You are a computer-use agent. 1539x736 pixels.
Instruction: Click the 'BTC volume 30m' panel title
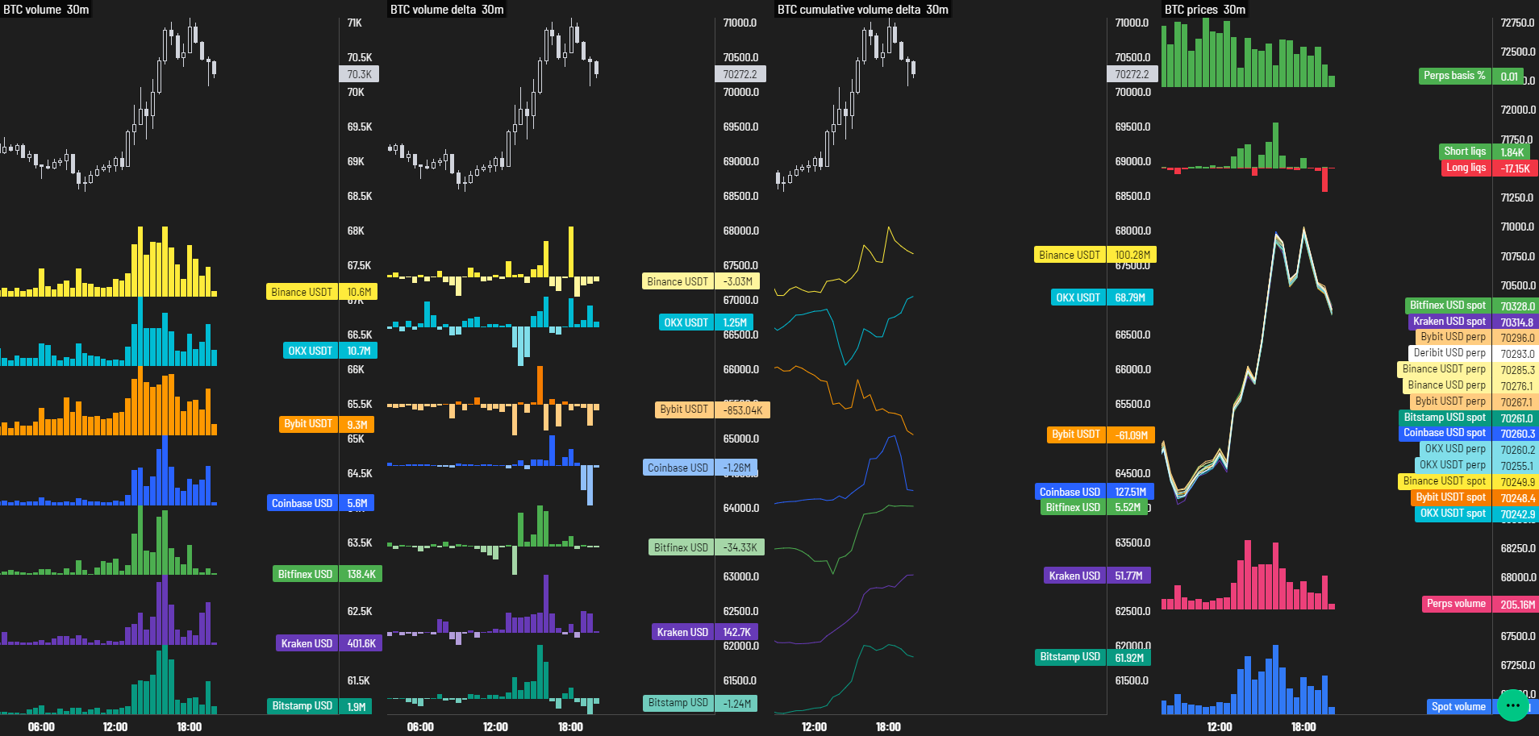[46, 10]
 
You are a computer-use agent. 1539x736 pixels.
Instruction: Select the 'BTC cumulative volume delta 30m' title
[862, 10]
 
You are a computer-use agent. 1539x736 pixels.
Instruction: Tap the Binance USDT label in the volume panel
[302, 292]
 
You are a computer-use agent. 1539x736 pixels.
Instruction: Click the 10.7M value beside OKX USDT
[358, 351]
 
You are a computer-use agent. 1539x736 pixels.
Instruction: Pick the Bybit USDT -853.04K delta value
[742, 410]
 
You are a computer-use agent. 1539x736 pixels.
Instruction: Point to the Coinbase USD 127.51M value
[1130, 492]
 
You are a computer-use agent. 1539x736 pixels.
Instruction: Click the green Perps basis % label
[1453, 76]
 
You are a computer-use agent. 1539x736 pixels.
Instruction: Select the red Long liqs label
[1465, 168]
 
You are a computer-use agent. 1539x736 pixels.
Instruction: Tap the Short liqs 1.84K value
[1512, 152]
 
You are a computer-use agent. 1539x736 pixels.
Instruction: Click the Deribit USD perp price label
[1449, 353]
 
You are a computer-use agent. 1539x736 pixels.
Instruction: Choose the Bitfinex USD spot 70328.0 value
[1517, 306]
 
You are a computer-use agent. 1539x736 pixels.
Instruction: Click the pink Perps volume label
[1455, 604]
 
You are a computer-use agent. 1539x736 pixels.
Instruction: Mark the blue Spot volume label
[1458, 706]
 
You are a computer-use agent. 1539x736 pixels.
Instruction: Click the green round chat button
[1512, 705]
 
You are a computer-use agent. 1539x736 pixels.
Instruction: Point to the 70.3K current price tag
[359, 74]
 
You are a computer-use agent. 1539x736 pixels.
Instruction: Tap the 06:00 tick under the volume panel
[41, 726]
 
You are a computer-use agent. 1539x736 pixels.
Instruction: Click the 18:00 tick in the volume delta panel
[570, 726]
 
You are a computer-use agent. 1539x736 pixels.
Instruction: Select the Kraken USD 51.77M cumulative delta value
[1128, 576]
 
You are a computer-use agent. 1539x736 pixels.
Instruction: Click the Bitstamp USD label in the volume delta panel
[678, 703]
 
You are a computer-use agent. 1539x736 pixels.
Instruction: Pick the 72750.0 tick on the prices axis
[1517, 23]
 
